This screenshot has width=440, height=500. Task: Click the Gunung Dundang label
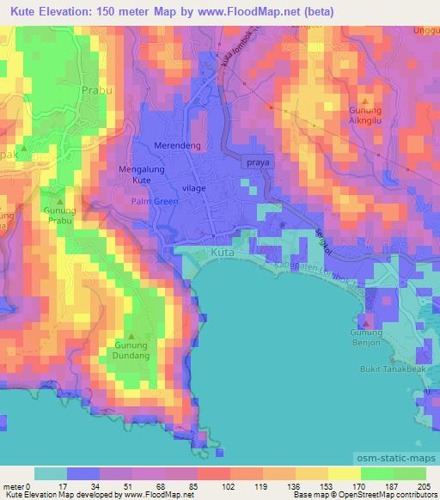click(132, 351)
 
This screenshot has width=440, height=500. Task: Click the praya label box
click(258, 162)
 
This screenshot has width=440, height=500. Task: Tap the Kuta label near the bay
click(221, 254)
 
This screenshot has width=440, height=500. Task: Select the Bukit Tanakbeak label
click(394, 370)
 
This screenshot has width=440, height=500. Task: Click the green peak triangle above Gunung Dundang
click(131, 336)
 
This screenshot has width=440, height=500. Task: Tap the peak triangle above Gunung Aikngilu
click(371, 101)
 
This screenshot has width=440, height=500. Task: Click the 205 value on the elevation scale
click(425, 487)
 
